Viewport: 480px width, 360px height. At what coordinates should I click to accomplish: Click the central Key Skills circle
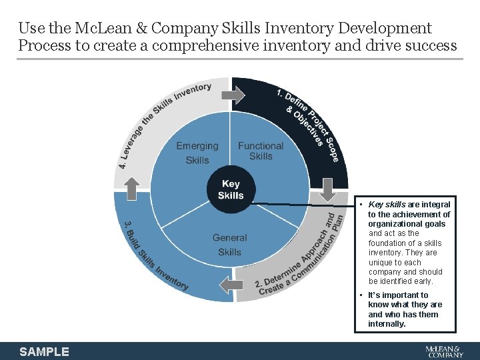[x=231, y=189]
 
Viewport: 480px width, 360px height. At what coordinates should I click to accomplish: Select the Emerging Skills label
[x=197, y=153]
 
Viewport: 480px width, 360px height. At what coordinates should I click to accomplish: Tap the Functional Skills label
[x=261, y=151]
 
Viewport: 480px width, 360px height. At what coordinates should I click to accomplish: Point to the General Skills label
[x=229, y=245]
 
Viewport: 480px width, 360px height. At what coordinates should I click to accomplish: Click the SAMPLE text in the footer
[x=44, y=351]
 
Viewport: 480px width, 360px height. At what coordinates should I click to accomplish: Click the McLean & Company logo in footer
[x=443, y=351]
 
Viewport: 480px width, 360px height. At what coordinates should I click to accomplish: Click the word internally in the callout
[x=387, y=324]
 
